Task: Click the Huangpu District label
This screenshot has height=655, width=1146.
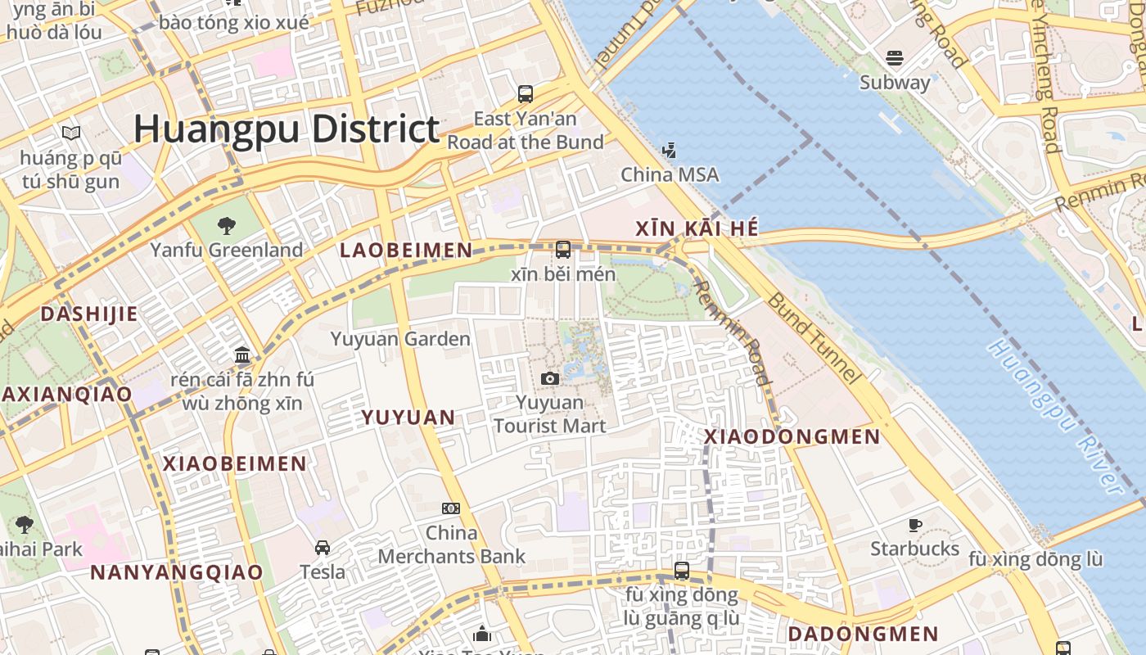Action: click(x=286, y=129)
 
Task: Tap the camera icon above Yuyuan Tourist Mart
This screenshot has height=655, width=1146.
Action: click(x=550, y=378)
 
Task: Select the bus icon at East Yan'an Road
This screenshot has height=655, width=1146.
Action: click(x=526, y=94)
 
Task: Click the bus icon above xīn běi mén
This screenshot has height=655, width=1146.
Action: click(x=563, y=250)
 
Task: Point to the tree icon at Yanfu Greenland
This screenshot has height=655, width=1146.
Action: click(x=227, y=225)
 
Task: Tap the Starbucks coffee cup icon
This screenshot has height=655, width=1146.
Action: click(x=915, y=525)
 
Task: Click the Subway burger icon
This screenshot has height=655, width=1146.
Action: click(x=895, y=58)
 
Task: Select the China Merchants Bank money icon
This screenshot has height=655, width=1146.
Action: click(x=451, y=508)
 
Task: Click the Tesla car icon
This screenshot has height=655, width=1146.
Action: click(x=323, y=547)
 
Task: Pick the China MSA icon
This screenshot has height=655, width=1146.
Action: click(x=670, y=150)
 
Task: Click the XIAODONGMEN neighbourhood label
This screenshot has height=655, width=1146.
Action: click(x=792, y=437)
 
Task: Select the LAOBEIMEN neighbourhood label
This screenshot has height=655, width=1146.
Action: click(x=406, y=251)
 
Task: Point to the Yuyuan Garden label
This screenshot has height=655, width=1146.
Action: click(x=400, y=339)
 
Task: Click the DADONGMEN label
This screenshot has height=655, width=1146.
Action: click(x=863, y=634)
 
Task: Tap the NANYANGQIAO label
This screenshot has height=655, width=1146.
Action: click(x=177, y=572)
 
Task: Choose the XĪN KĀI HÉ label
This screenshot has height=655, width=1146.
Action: click(x=697, y=229)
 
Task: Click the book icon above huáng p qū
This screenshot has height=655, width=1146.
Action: click(x=71, y=133)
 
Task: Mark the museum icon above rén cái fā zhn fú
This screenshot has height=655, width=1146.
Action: click(x=242, y=355)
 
